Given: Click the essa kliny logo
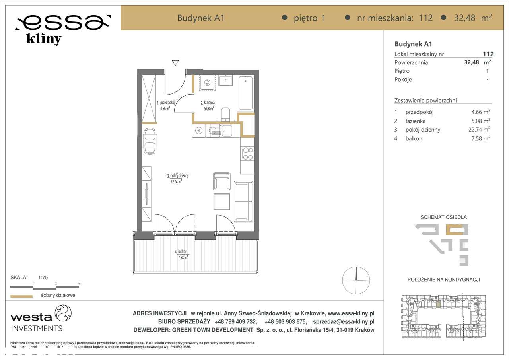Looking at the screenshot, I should pos(63,29).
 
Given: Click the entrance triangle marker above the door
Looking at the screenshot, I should pos(175,63).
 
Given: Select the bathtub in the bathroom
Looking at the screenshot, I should pos(245,93).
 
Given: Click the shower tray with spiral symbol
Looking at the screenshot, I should pos(207,83).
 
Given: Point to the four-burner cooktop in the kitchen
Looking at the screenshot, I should pos(247,154).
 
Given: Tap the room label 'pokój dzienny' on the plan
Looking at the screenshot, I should pos(178,175).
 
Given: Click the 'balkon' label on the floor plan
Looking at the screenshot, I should pos(183,252).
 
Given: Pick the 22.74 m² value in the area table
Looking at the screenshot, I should pos(480,130).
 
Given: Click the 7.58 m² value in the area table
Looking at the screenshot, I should pos(480,138).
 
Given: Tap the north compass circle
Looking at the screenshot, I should pos(356,280).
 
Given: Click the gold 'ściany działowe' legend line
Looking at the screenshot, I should pos(21,296).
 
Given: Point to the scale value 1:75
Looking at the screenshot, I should pos(43,278).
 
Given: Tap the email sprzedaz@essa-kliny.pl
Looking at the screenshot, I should pos(344,322).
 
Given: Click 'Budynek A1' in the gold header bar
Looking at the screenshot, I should pos(201,18).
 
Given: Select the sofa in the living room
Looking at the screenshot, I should pos(243,201).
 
